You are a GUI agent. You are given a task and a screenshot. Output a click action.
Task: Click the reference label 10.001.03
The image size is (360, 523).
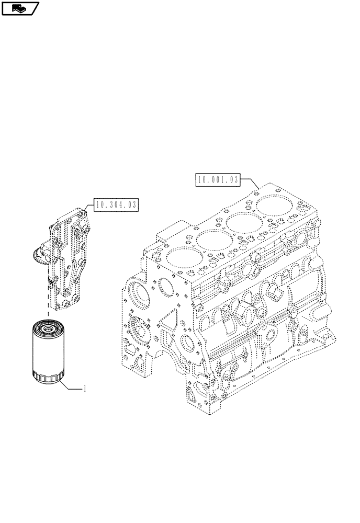pyautogui.click(x=218, y=180)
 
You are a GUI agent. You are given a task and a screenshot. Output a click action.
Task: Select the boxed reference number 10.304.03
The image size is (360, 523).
pyautogui.click(x=116, y=205)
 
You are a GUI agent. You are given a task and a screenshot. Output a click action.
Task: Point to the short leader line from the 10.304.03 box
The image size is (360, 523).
pyautogui.click(x=89, y=207)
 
